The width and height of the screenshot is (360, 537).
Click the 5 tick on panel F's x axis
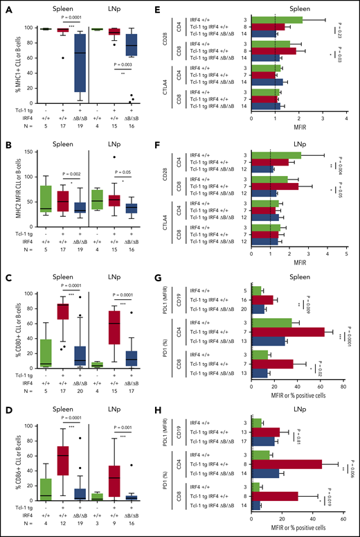pyautogui.click(x=343, y=252)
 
